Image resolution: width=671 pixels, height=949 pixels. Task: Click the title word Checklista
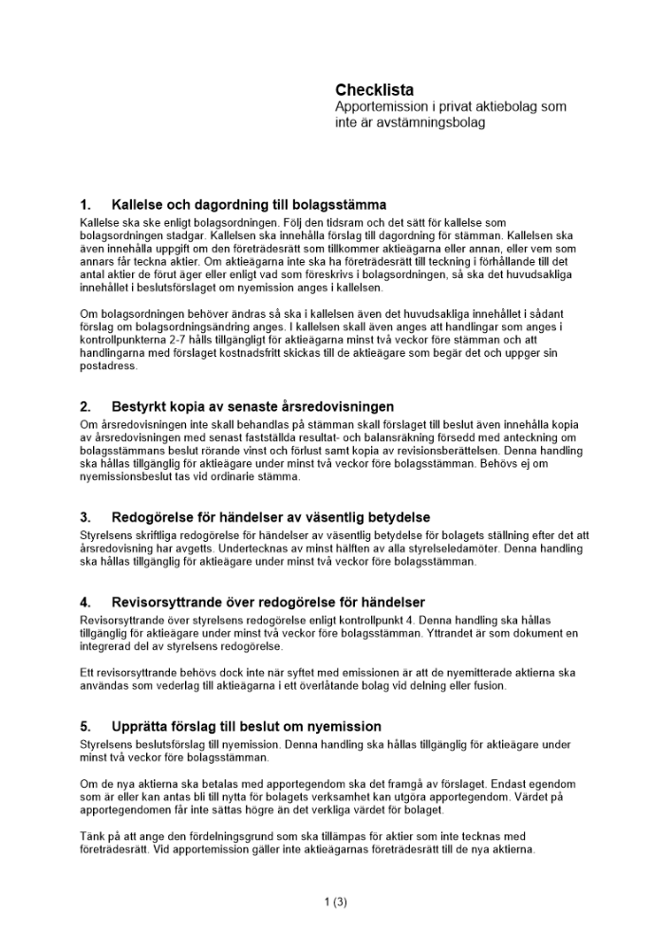pos(374,90)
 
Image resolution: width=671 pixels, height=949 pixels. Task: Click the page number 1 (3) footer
pos(335,902)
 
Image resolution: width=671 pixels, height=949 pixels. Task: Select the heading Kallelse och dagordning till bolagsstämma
pos(249,204)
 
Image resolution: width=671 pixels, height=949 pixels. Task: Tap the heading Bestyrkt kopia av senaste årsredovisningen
pos(252,407)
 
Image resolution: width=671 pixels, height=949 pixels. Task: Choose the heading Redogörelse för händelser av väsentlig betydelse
pos(270,517)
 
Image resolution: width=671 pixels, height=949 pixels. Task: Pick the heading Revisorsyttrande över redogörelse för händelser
pos(268,602)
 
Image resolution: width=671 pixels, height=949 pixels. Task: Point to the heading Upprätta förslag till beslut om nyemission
pos(246,727)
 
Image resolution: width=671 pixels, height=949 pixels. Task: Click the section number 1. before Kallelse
pos(85,204)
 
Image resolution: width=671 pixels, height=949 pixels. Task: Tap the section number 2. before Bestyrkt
pos(85,407)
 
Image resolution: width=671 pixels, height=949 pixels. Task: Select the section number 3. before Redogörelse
pos(85,517)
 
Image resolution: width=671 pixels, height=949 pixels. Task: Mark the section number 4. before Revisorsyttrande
pos(85,602)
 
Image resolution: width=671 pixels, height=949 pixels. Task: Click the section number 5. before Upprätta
pos(85,727)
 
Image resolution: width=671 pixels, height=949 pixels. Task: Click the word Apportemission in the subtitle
pos(376,107)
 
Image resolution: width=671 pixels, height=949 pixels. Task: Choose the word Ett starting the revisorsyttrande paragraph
pos(88,672)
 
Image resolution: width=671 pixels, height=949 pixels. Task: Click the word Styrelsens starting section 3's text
pos(107,535)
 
